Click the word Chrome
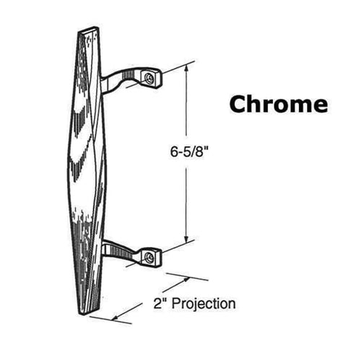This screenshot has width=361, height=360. coord(279,104)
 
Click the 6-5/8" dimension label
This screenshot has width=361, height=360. coord(189,152)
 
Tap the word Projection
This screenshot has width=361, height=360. coord(204,304)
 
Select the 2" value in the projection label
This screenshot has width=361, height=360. coord(160,303)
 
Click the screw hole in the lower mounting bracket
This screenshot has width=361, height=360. coord(149,257)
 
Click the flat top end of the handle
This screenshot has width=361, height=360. coord(89,30)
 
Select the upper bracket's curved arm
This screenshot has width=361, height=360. coord(121,77)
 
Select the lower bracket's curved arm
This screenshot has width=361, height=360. coord(120,251)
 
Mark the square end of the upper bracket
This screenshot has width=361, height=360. coord(151,78)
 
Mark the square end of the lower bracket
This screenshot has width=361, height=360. coord(151,257)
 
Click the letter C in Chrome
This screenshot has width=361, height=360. coord(238,104)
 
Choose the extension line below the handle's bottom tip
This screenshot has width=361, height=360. coord(110,320)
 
